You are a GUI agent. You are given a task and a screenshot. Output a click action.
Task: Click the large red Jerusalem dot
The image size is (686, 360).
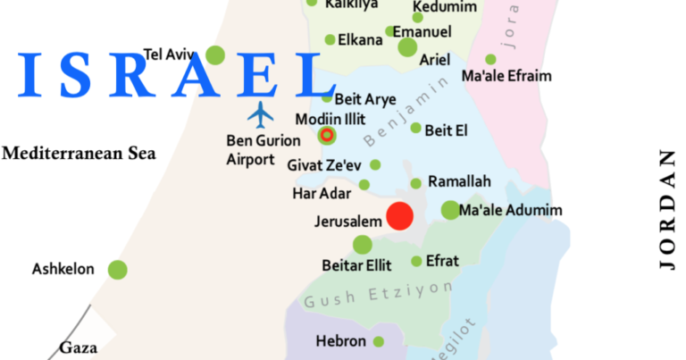398,216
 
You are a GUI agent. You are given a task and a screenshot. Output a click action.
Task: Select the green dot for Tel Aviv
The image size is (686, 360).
214,55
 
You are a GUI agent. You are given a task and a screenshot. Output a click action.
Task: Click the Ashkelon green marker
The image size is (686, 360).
117,269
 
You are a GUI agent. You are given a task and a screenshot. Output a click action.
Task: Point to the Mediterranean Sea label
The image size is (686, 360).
79,154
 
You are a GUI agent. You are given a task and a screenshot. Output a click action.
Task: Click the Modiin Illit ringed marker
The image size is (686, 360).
327,136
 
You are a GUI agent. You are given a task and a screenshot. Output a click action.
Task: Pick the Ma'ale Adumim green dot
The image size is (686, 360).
449,211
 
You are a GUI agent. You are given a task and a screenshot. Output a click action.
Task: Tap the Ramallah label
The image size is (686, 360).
459,181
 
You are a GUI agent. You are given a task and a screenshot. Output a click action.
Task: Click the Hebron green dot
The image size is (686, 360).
379,341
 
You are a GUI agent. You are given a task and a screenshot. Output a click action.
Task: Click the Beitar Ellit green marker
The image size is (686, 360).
362,245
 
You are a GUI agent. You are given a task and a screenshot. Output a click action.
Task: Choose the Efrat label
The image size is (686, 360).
443,261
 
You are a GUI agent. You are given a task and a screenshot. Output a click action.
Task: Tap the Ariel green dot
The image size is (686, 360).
407,47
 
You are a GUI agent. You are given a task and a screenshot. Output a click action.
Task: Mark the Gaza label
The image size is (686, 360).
78,347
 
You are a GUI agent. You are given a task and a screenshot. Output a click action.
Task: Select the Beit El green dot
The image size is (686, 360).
415,128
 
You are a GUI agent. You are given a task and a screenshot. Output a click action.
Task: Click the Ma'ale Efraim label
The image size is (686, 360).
506,76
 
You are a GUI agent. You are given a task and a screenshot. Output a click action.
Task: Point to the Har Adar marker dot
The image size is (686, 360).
364,185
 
